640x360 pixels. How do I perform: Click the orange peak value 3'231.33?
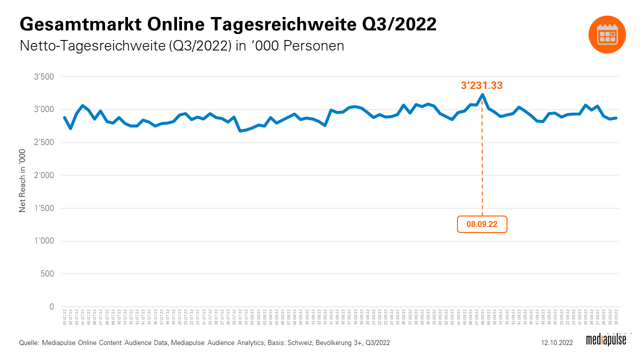481,85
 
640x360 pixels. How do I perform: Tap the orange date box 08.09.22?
482,224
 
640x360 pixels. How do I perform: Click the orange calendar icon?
607,33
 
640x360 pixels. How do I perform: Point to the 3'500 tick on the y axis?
43,77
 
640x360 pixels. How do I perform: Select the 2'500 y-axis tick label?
43,142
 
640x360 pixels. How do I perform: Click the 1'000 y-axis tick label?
43,241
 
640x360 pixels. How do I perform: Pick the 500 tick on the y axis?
47,274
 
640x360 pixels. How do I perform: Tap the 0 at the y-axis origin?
51,306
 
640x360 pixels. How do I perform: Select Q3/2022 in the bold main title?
399,24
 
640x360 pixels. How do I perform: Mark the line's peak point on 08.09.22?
482,94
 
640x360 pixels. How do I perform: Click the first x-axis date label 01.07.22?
64,317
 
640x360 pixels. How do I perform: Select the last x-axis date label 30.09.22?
616,317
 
